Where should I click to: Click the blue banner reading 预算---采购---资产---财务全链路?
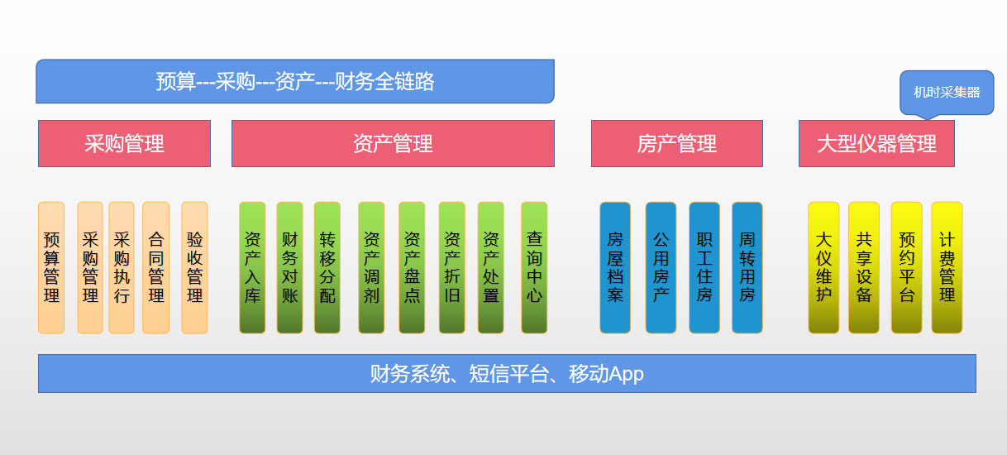pyautogui.click(x=294, y=81)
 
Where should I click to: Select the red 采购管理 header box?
pyautogui.click(x=124, y=144)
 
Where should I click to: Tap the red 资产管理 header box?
pyautogui.click(x=393, y=144)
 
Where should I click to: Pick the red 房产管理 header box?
pyautogui.click(x=676, y=144)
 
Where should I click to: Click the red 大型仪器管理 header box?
pyautogui.click(x=876, y=144)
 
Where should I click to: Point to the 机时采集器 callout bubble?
pyautogui.click(x=946, y=92)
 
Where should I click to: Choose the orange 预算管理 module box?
pyautogui.click(x=51, y=267)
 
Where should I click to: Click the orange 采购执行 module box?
pyautogui.click(x=122, y=267)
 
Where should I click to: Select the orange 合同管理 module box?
pyautogui.click(x=155, y=267)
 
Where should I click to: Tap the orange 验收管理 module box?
pyautogui.click(x=194, y=267)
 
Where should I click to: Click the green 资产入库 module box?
pyautogui.click(x=252, y=267)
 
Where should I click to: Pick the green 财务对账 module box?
pyautogui.click(x=289, y=267)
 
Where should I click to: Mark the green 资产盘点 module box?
pyautogui.click(x=412, y=267)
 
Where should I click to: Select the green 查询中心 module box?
pyautogui.click(x=534, y=267)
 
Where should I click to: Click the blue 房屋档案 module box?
pyautogui.click(x=614, y=267)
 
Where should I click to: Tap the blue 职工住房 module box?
pyautogui.click(x=704, y=267)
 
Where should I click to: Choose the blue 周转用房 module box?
pyautogui.click(x=747, y=267)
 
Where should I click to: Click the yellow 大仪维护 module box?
pyautogui.click(x=823, y=267)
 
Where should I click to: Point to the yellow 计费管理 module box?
pyautogui.click(x=947, y=267)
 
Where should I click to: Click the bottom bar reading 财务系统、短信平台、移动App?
pyautogui.click(x=506, y=374)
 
